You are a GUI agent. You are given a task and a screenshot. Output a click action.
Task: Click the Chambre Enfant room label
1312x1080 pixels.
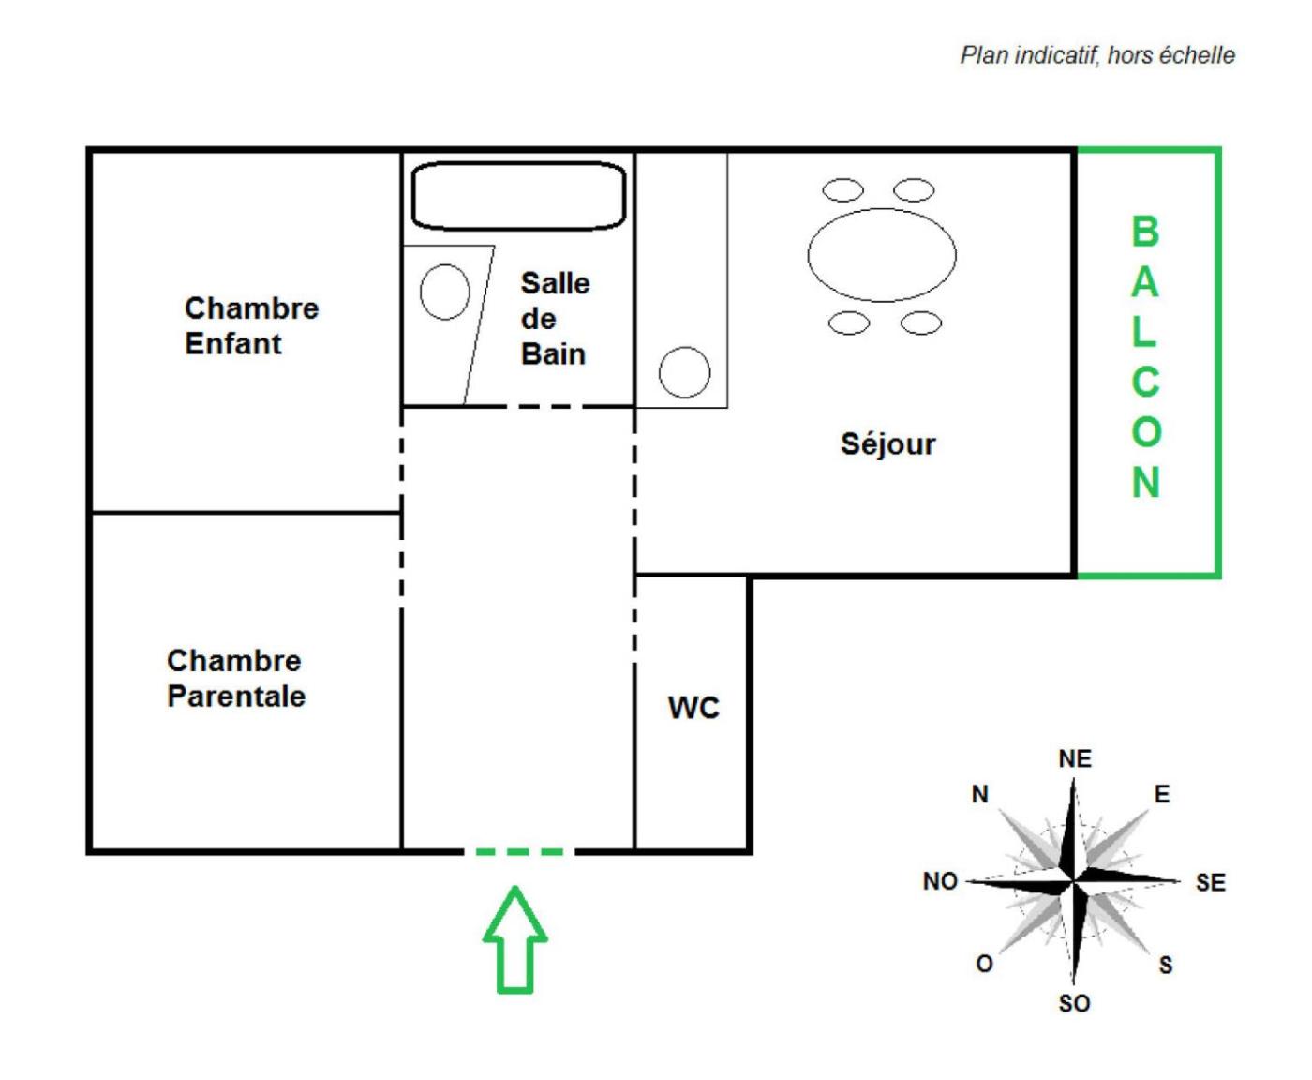point(251,325)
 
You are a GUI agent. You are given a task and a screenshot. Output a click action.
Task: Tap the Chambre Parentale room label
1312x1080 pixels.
point(235,678)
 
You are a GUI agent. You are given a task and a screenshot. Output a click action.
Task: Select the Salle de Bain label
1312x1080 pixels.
point(554,319)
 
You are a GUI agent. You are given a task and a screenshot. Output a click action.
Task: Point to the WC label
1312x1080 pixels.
point(693,707)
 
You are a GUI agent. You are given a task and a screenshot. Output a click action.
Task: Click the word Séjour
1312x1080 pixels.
point(887,443)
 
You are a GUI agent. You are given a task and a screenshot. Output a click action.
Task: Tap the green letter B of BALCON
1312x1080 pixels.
point(1145,232)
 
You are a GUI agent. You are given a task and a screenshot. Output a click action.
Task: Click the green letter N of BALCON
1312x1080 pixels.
point(1145,482)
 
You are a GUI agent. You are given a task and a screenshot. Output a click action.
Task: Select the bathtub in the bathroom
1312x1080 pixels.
point(518,196)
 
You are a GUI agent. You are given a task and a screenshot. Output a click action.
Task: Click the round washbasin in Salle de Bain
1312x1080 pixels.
point(444,292)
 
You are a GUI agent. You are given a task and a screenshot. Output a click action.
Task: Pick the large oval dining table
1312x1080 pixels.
point(882,255)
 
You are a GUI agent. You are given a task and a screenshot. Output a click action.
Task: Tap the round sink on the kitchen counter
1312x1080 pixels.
point(684,372)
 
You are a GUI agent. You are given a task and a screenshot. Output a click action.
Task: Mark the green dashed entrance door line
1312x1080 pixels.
point(519,852)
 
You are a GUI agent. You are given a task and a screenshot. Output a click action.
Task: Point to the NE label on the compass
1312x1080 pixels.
point(1075,758)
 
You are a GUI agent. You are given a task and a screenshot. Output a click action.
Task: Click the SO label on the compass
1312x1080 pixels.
point(1074,1003)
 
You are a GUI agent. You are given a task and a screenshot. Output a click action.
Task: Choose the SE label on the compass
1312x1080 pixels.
point(1210,882)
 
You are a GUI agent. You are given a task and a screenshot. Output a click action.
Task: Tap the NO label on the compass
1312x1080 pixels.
point(940,881)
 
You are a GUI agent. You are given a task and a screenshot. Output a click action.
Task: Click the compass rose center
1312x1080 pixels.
point(1074,881)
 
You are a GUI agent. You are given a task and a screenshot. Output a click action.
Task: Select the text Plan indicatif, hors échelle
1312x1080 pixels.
point(1097,55)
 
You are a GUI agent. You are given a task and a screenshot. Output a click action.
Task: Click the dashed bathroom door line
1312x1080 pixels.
point(549,407)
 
